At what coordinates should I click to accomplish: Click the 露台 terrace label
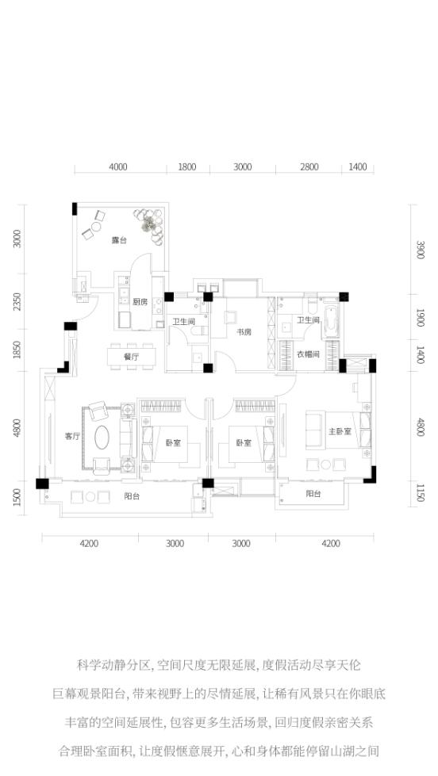tap(119, 240)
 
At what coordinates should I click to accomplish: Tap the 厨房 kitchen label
tap(140, 302)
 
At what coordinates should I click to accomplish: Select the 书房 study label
tap(244, 331)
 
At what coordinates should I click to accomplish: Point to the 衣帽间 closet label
tap(308, 354)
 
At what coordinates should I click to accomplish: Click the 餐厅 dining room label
tap(131, 357)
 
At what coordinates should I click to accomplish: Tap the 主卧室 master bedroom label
tap(340, 431)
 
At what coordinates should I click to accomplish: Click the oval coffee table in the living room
tap(102, 438)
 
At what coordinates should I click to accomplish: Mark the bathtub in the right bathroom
tap(331, 320)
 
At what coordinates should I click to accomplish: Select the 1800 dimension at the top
tap(186, 167)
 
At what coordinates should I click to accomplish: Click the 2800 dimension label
tap(309, 167)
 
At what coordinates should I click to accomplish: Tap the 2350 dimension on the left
tap(17, 302)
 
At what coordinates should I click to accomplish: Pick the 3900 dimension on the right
tap(421, 250)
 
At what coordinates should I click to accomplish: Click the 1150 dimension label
tap(421, 493)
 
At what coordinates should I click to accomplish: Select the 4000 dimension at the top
tap(117, 167)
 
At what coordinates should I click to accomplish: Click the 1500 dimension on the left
tap(17, 497)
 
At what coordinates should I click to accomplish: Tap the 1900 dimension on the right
tap(421, 318)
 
